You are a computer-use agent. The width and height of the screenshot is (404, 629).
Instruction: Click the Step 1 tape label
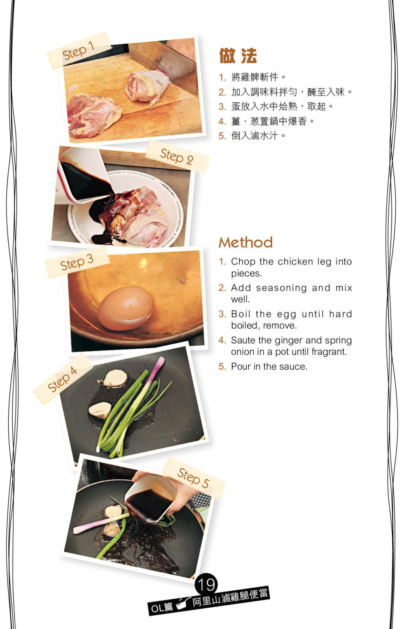tap(79, 51)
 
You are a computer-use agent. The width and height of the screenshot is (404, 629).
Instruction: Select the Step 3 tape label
tap(77, 262)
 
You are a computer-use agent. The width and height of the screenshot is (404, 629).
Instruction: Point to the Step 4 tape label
tap(63, 379)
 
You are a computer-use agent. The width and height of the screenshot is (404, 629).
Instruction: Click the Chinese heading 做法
tap(238, 56)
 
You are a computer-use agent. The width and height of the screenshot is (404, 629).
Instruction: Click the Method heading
tap(246, 242)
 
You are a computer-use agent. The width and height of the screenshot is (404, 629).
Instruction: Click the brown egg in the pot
tap(126, 308)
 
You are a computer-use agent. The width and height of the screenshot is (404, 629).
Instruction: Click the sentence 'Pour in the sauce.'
tap(269, 367)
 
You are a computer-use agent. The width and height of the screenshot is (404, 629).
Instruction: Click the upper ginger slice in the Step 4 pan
tap(115, 378)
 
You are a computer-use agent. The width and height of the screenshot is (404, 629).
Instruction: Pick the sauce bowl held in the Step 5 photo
tap(151, 499)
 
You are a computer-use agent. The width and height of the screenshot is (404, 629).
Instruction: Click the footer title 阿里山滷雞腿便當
tap(230, 597)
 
